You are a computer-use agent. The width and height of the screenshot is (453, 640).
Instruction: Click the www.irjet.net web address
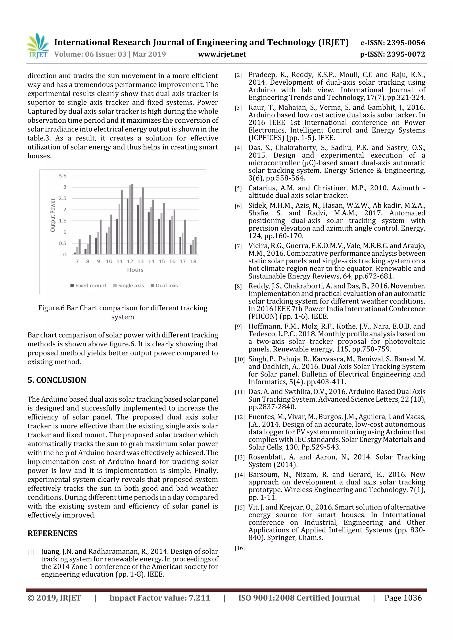(222, 54)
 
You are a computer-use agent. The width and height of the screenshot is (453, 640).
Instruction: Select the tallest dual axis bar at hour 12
(132, 219)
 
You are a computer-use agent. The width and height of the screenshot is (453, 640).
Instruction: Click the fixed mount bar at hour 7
(75, 253)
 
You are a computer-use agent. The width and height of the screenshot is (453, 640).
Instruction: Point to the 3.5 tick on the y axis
(63, 176)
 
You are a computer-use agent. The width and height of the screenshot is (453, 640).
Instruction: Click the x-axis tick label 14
(151, 261)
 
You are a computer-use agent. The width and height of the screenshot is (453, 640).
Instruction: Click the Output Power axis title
(53, 215)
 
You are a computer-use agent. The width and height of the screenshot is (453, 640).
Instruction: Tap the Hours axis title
(135, 270)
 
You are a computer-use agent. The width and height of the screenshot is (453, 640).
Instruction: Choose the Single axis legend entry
(129, 285)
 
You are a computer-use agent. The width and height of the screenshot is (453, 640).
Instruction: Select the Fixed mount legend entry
(88, 285)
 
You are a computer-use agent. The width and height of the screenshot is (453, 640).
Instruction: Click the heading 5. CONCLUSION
(57, 380)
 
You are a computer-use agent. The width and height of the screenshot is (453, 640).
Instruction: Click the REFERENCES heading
(52, 533)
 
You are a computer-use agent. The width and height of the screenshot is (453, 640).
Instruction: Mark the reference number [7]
(238, 246)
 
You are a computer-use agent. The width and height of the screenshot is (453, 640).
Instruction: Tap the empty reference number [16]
(240, 548)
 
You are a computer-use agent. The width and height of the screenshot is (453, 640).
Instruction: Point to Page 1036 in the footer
(403, 598)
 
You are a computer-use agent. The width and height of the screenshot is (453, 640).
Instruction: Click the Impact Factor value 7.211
(199, 598)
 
